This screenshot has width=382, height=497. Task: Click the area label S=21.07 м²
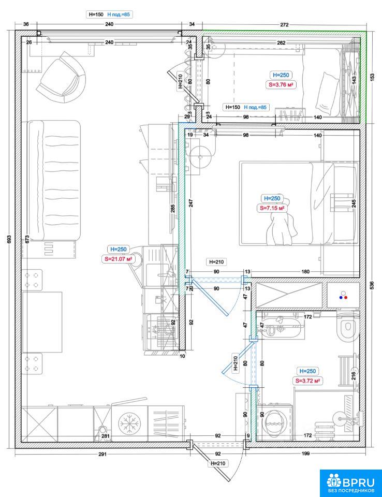[118, 259]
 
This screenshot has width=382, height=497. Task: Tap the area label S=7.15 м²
[272, 208]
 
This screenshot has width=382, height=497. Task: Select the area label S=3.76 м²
[281, 84]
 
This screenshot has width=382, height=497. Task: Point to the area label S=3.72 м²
[307, 381]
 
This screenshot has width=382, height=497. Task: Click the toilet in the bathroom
[348, 327]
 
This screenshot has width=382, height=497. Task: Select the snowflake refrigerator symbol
[129, 423]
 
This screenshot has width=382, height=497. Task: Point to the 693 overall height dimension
[9, 239]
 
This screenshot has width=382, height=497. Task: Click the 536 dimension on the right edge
[372, 285]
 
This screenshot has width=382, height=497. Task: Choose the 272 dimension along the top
[284, 24]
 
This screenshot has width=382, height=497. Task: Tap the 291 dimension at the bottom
[102, 454]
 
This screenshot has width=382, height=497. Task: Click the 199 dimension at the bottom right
[305, 454]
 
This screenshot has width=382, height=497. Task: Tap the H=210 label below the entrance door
[218, 463]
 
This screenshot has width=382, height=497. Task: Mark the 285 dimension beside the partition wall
[173, 208]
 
